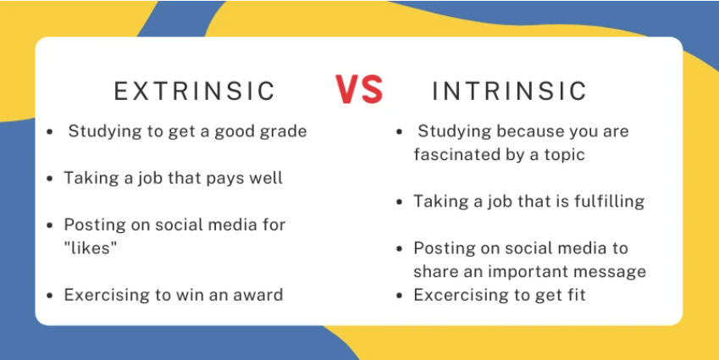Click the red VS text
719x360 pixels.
tap(358, 90)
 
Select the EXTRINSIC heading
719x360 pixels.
tap(195, 91)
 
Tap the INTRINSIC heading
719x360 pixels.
tap(510, 91)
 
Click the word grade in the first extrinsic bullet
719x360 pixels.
tap(285, 131)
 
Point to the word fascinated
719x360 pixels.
tap(453, 155)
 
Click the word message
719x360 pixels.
tap(610, 272)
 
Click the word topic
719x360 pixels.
tap(565, 155)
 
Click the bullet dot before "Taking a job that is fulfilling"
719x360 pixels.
tap(401, 202)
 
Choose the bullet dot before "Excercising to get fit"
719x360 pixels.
tap(401, 296)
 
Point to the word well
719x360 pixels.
tap(266, 178)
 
